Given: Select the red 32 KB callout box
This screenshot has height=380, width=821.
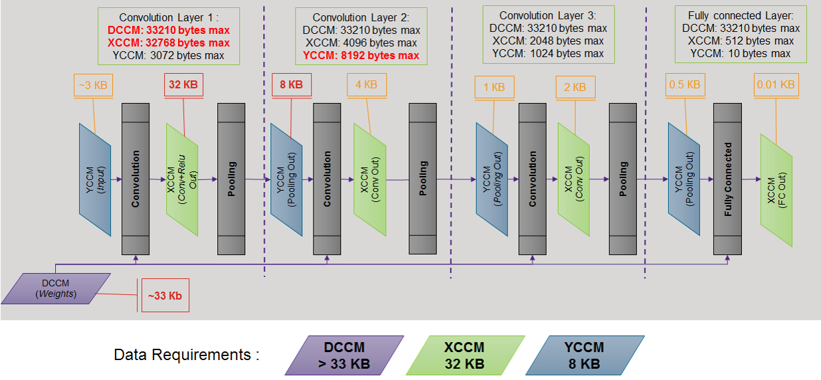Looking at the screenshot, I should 184,85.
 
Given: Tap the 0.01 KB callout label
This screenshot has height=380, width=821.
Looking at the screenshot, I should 775,85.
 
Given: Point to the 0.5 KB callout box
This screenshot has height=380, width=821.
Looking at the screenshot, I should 685,85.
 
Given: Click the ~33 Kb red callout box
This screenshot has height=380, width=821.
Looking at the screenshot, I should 165,295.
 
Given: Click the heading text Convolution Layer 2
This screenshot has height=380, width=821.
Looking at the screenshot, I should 361,18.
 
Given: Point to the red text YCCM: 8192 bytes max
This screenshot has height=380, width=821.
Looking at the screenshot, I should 361,55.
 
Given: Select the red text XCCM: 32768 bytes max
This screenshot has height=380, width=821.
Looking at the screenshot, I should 169,43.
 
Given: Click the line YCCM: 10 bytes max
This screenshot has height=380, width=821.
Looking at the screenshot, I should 741,53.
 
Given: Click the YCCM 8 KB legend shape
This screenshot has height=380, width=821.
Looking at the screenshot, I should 585,355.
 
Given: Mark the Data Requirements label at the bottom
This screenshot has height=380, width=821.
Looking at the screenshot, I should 187,355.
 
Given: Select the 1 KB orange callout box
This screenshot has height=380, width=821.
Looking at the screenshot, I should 494,87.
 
